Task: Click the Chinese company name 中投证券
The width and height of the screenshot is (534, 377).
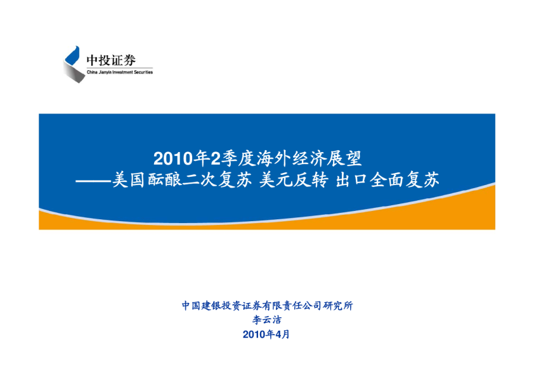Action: [x=111, y=60]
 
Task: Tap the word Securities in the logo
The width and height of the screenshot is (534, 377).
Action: [x=143, y=72]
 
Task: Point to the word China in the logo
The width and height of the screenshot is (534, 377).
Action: [x=92, y=72]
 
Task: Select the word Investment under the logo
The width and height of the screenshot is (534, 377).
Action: [x=122, y=72]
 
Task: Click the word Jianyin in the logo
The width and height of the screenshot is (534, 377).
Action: [x=105, y=72]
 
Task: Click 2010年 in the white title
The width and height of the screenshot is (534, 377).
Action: [x=181, y=158]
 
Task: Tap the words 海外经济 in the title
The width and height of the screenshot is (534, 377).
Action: [x=291, y=158]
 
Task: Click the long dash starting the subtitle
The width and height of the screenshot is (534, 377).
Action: [x=93, y=181]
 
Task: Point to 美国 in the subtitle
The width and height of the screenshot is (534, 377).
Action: [x=129, y=180]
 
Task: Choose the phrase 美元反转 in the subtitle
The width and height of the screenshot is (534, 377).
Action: [x=294, y=180]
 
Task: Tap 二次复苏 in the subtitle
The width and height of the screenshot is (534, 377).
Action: [x=217, y=180]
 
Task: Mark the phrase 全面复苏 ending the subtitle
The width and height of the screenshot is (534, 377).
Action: [x=405, y=180]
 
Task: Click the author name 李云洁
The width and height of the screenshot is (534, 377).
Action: [x=266, y=320]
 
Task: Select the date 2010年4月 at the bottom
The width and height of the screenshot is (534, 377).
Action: [x=266, y=335]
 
